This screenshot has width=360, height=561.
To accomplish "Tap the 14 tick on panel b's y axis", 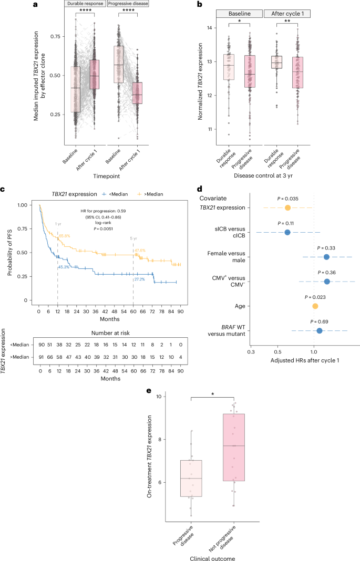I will tap(210, 28).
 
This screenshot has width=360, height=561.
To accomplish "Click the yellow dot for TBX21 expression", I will tap(287, 208).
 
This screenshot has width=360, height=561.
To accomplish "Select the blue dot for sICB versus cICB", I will tap(287, 232).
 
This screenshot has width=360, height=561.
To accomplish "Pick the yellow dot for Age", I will tap(315, 306).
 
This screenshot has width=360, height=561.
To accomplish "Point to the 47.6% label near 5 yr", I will tap(140, 251).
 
